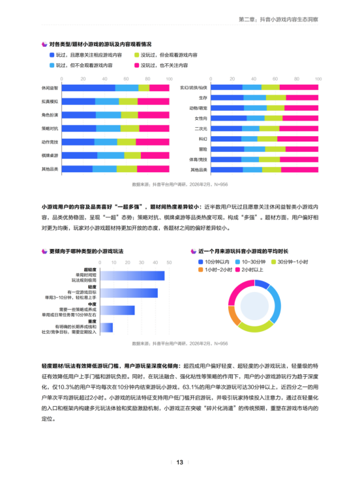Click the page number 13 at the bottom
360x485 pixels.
pos(179,463)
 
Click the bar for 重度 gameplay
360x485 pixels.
pos(104,327)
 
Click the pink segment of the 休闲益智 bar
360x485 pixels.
pos(158,87)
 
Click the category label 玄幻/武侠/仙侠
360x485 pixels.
pos(194,87)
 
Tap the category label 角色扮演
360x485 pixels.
pos(50,115)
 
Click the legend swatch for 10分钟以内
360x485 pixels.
pos(200,261)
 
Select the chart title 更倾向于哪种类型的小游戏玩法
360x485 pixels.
pos(85,251)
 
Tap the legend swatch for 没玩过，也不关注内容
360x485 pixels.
pos(138,66)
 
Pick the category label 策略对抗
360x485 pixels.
pos(50,128)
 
